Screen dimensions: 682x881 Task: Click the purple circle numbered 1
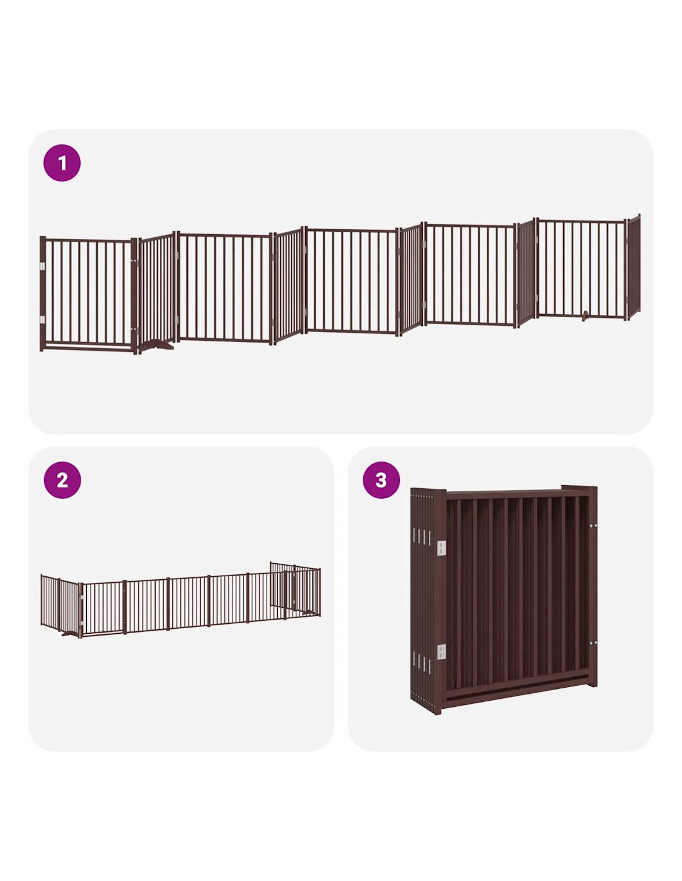[x=62, y=163]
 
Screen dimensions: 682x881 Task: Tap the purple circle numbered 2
[x=62, y=480]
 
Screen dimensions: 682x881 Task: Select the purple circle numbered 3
[x=381, y=480]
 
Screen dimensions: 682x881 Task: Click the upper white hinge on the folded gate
[x=441, y=548]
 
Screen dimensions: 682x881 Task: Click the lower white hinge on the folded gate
[x=441, y=652]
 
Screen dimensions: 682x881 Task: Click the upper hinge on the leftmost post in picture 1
[x=43, y=266]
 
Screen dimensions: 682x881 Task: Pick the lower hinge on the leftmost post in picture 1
[x=43, y=320]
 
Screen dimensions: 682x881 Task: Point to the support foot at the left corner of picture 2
[x=70, y=634]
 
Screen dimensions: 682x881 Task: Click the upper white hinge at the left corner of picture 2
[x=82, y=597]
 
